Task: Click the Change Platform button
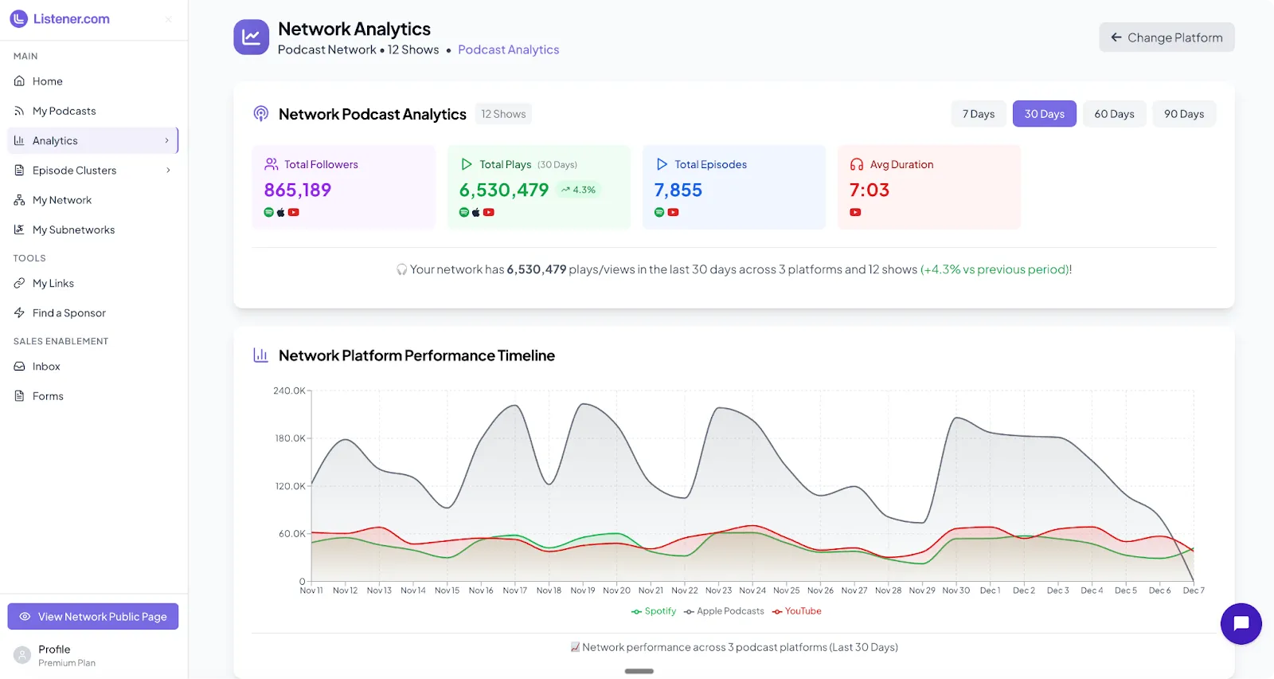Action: point(1167,37)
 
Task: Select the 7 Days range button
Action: point(978,114)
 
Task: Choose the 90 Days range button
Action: point(1183,114)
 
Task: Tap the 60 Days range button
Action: point(1114,114)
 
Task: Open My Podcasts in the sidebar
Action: point(64,111)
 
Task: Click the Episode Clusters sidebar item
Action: point(74,171)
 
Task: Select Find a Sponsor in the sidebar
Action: point(68,313)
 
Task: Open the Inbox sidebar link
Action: point(46,367)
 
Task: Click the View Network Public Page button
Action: point(93,617)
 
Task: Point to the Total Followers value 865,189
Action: point(297,190)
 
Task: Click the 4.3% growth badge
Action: point(579,190)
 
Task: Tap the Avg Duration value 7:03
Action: point(869,190)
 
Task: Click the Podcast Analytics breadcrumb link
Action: point(508,49)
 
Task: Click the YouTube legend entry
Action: point(797,611)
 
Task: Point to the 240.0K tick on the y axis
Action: point(288,391)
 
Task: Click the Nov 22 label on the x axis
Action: point(684,591)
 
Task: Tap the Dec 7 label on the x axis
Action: point(1194,591)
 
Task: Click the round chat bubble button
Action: point(1241,624)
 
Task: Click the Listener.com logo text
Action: point(71,19)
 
